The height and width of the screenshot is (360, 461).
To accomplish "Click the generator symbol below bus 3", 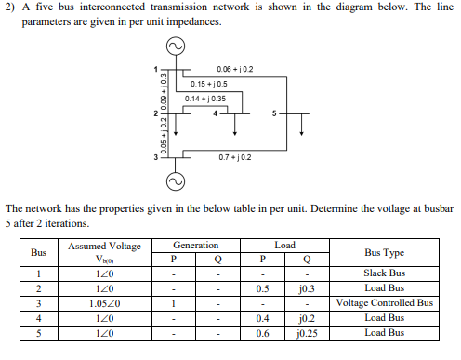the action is [x=174, y=179].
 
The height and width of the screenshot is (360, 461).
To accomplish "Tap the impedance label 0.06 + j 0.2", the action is [x=234, y=70].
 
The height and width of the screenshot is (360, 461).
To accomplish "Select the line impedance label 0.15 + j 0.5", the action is [x=209, y=84].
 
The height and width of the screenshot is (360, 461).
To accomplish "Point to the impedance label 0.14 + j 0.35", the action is [x=205, y=99].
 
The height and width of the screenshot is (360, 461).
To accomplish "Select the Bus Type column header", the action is [x=384, y=252].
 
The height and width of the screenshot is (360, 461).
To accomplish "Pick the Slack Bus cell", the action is [x=384, y=273].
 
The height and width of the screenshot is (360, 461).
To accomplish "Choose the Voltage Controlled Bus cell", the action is [x=384, y=303].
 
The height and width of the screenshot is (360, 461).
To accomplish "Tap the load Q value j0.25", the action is [x=306, y=332].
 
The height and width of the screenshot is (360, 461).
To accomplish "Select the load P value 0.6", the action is [x=264, y=332].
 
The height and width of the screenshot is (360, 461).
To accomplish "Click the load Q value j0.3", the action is [x=306, y=288].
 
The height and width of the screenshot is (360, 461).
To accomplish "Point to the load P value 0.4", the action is [x=264, y=317].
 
